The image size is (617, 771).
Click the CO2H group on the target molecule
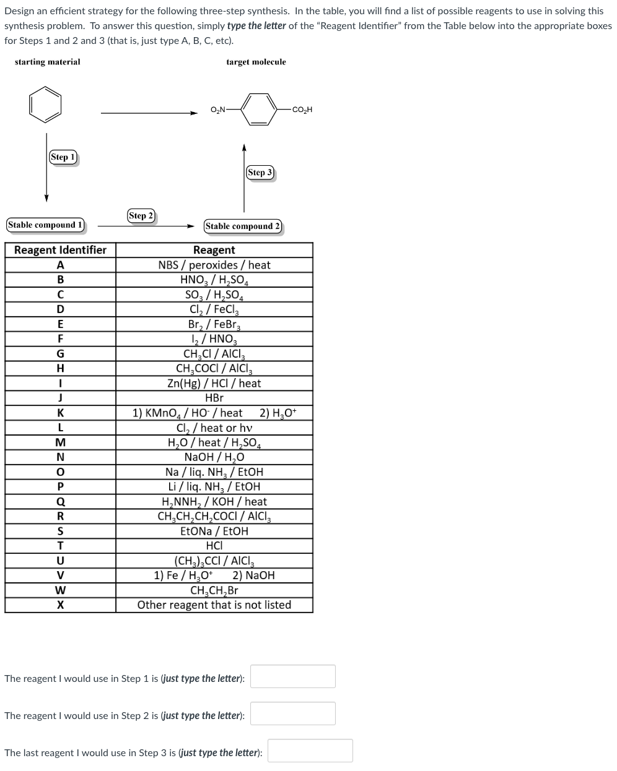pyautogui.click(x=302, y=110)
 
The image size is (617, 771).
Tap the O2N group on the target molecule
pyautogui.click(x=218, y=110)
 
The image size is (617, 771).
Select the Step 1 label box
pyautogui.click(x=63, y=157)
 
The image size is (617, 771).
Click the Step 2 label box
pyautogui.click(x=141, y=216)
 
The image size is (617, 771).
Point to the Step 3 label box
pyautogui.click(x=260, y=173)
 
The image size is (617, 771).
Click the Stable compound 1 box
pyautogui.click(x=45, y=225)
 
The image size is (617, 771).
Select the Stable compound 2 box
pyautogui.click(x=243, y=226)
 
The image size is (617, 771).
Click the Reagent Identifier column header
pyautogui.click(x=60, y=250)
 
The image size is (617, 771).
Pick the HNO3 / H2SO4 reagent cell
pyautogui.click(x=214, y=280)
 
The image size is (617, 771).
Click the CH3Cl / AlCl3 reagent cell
pyautogui.click(x=214, y=354)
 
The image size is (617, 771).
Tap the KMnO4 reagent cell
pyautogui.click(x=214, y=413)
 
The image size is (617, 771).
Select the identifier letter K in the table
pyautogui.click(x=60, y=413)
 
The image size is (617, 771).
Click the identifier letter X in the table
pyautogui.click(x=60, y=605)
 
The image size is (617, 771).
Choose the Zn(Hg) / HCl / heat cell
pyautogui.click(x=214, y=384)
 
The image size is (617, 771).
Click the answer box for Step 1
pyautogui.click(x=293, y=676)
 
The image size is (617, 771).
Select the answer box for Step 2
pyautogui.click(x=293, y=713)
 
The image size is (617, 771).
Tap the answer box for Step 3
pyautogui.click(x=310, y=751)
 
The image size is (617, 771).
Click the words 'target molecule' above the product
pyautogui.click(x=256, y=62)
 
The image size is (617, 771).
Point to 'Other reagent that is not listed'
pyautogui.click(x=214, y=605)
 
